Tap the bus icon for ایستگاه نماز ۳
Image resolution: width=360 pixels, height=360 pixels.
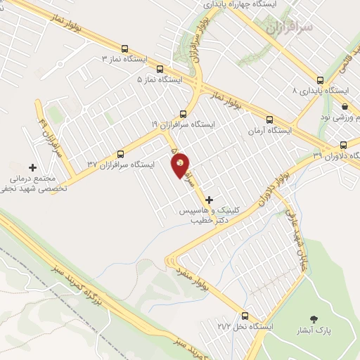pos(125,49)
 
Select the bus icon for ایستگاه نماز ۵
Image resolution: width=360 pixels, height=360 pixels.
pos(160,69)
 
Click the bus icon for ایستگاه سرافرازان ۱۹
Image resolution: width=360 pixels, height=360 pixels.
pos(184,113)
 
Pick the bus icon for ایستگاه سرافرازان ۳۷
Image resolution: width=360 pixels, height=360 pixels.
pos(120,154)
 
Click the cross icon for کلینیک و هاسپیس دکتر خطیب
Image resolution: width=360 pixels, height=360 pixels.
pos(209,200)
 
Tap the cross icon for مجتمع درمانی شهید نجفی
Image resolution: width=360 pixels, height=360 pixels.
pos(32,167)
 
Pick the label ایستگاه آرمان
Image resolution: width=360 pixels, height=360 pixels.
pos(264,131)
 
